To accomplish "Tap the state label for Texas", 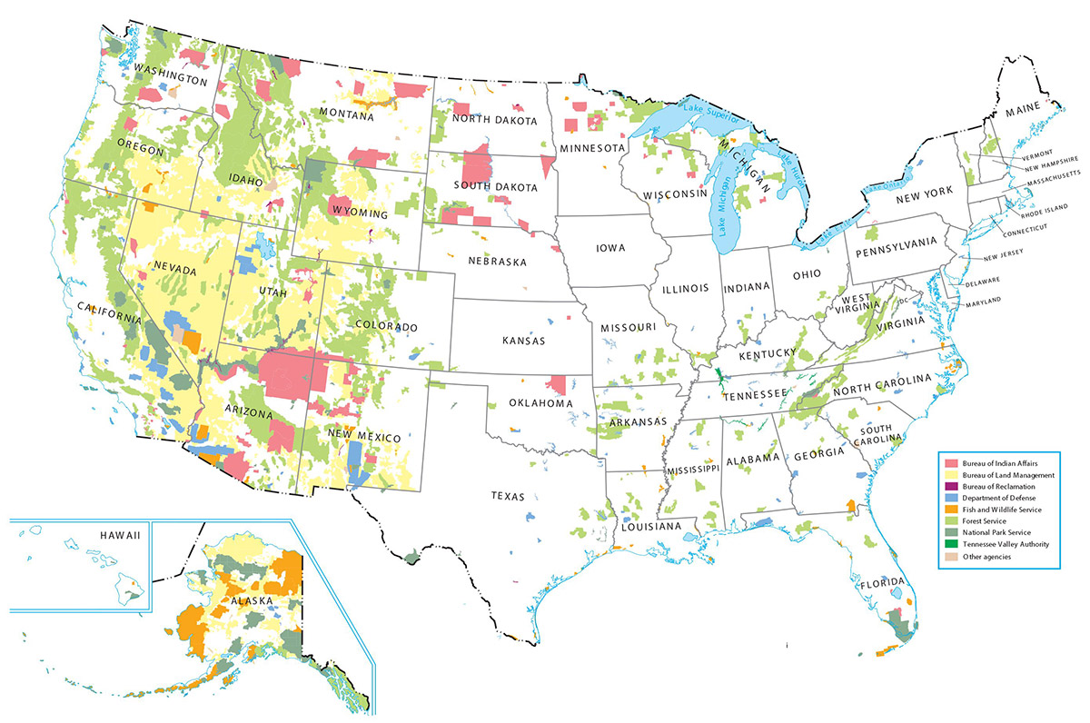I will [x=509, y=496].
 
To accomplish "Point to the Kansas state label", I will [x=523, y=341].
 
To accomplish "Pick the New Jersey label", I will [x=1006, y=258].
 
